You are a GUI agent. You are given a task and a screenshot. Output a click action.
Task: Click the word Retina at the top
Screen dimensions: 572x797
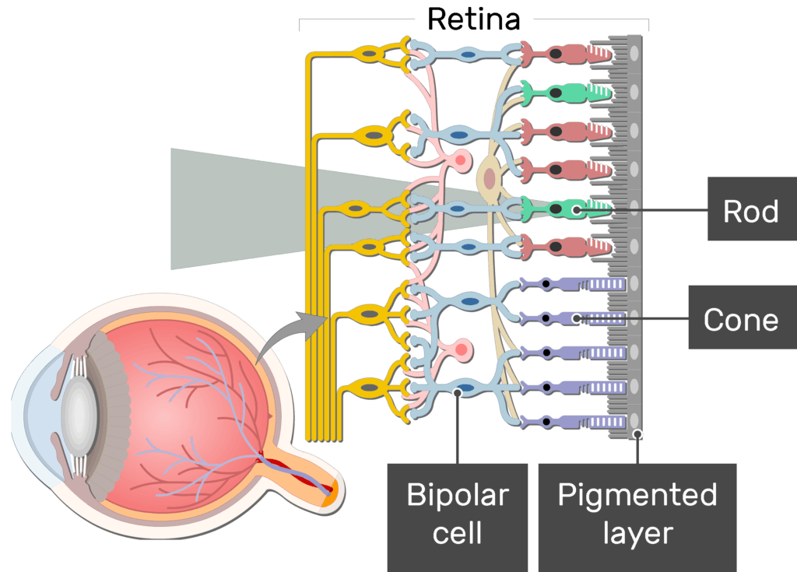(x=473, y=19)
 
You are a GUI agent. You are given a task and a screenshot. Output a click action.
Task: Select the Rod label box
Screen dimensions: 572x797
(x=750, y=210)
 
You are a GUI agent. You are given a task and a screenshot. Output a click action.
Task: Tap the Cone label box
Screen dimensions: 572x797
(x=740, y=318)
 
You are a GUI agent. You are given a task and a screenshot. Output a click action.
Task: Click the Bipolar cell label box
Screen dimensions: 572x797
(x=457, y=514)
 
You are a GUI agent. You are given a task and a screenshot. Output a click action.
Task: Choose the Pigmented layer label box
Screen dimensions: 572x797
(x=637, y=514)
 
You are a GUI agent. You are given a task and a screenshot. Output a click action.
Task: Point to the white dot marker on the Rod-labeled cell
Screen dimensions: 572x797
(x=576, y=209)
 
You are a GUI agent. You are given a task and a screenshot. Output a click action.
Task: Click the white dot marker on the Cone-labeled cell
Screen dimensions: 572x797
(x=576, y=318)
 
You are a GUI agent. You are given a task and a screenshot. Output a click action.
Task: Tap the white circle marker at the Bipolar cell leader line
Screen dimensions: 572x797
(x=457, y=394)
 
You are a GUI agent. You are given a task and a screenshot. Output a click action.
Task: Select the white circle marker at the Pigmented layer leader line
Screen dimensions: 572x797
(x=637, y=434)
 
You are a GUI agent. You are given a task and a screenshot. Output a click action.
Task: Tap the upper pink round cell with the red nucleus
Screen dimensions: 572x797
(x=461, y=162)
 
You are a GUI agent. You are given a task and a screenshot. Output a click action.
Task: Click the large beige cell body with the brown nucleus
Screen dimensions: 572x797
(x=490, y=178)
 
